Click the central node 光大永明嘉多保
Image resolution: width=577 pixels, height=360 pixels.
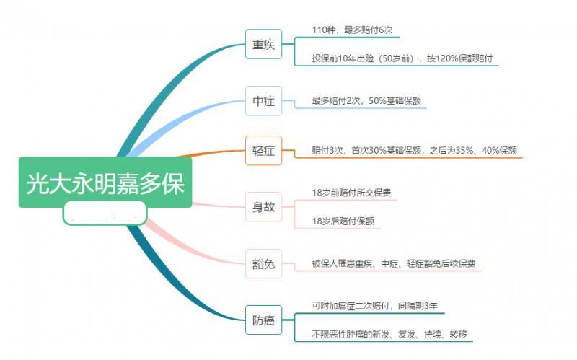(x=105, y=183)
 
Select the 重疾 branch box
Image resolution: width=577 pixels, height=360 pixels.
(x=263, y=44)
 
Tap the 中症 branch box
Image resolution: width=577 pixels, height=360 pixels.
(x=263, y=101)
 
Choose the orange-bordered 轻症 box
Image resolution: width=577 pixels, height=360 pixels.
(x=263, y=151)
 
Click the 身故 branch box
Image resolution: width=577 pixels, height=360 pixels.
(x=263, y=206)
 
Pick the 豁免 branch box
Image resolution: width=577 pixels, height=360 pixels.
(x=263, y=264)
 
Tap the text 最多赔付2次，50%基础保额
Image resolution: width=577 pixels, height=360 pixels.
(x=367, y=101)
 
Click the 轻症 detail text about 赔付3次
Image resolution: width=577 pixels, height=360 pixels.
(x=414, y=150)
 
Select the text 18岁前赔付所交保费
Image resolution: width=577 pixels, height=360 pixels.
(x=351, y=193)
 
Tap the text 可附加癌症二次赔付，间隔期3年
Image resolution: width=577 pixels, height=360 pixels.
(x=375, y=305)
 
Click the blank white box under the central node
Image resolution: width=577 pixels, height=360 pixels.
(x=105, y=214)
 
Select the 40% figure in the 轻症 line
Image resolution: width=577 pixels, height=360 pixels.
(x=486, y=150)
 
